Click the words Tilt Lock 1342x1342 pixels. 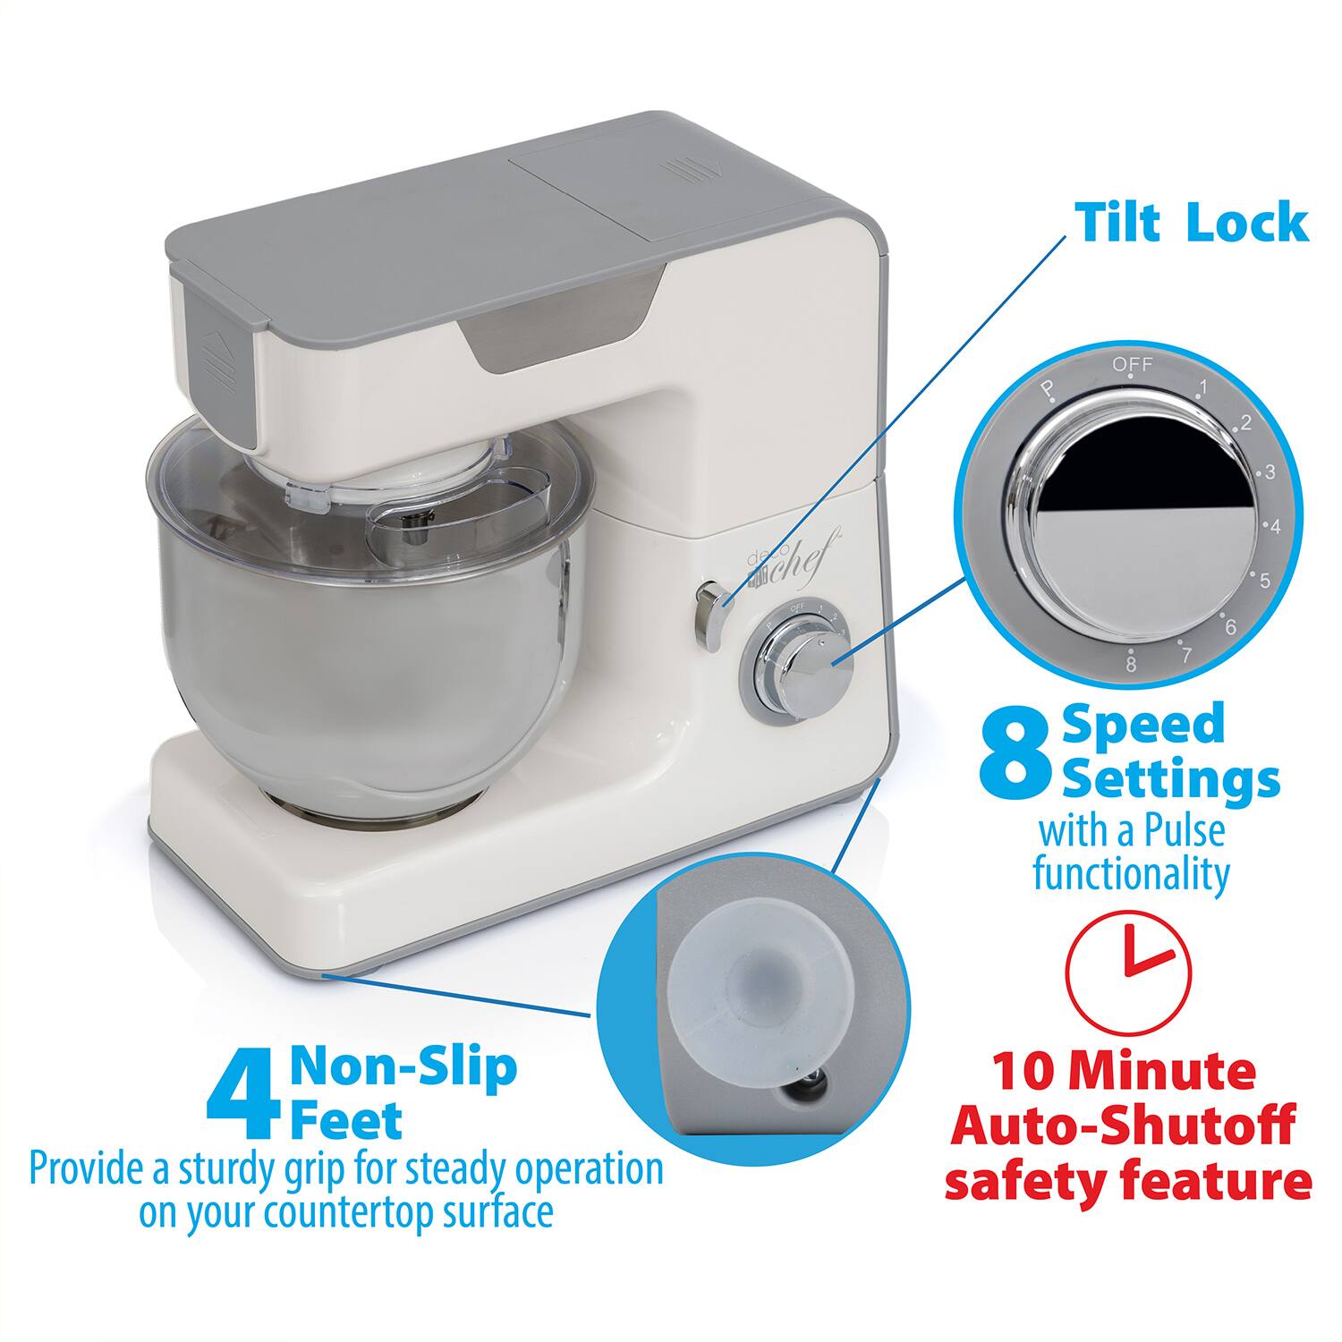pos(1192,223)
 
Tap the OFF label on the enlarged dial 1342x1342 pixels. pos(1133,364)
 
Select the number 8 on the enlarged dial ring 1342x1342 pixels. pos(1131,664)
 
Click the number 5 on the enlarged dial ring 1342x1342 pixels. pos(1264,582)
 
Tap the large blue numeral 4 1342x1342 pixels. pos(238,1100)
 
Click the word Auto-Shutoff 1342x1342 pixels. pos(1123,1125)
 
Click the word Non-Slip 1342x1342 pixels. pos(403,1066)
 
